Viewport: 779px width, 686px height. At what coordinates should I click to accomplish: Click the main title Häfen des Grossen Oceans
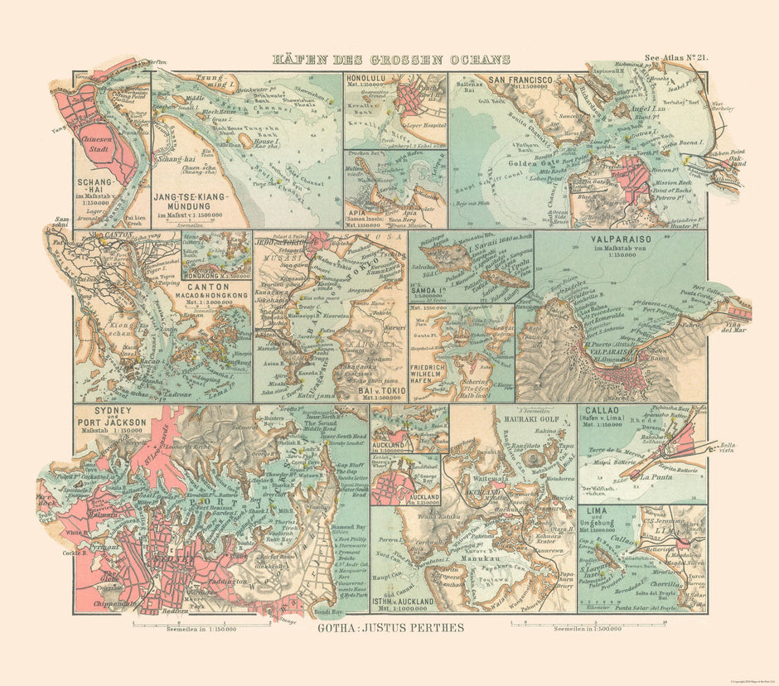click(x=392, y=60)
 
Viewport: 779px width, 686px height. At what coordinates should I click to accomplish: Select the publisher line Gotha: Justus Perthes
click(x=389, y=627)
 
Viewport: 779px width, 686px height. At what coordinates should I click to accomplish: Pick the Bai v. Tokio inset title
click(x=376, y=389)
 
